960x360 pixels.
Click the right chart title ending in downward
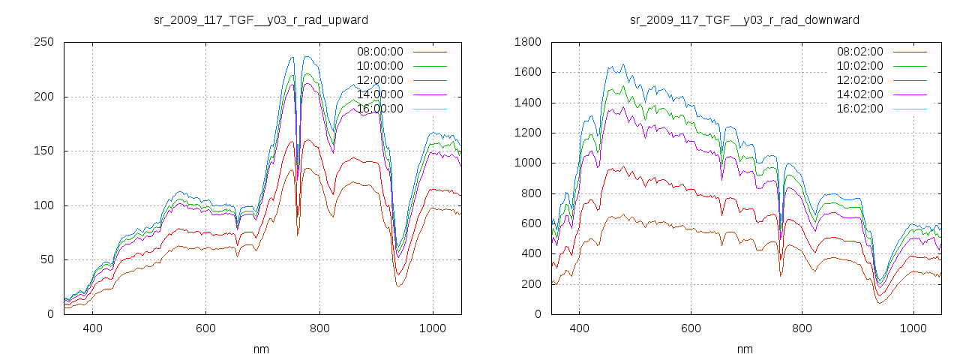(744, 19)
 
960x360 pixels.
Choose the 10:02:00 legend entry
(859, 66)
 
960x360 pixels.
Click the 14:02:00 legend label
(859, 94)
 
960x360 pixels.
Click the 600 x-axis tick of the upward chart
(205, 328)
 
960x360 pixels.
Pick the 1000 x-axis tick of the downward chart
(913, 328)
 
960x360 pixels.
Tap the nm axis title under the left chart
(261, 349)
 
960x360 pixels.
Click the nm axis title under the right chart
(744, 349)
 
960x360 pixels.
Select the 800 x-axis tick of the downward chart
(802, 328)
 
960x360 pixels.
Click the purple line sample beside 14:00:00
(430, 94)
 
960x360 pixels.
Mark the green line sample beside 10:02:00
(910, 66)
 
